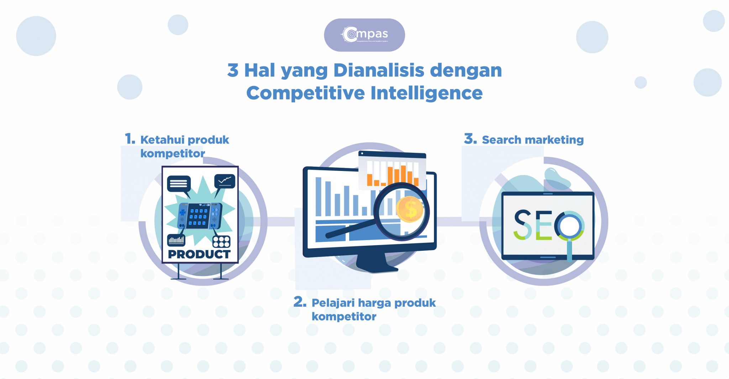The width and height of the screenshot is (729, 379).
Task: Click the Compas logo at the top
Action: pyautogui.click(x=364, y=35)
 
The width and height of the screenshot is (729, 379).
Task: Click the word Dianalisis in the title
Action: pyautogui.click(x=379, y=70)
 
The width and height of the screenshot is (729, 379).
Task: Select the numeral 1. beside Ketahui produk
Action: pyautogui.click(x=130, y=139)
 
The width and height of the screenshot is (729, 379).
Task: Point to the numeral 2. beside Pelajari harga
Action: pyautogui.click(x=300, y=302)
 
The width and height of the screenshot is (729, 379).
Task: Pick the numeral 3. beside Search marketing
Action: pyautogui.click(x=470, y=139)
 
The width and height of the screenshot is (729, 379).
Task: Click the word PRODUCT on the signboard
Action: pyautogui.click(x=199, y=254)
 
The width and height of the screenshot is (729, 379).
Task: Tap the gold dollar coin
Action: pyautogui.click(x=410, y=209)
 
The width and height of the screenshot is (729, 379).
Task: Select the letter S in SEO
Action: pyautogui.click(x=523, y=224)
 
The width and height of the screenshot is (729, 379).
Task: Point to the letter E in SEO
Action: pyautogui.click(x=543, y=225)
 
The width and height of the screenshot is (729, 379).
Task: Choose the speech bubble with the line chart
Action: pyautogui.click(x=225, y=181)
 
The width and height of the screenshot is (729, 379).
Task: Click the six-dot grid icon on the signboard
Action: pyautogui.click(x=221, y=242)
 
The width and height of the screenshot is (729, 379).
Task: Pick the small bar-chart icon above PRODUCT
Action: pyautogui.click(x=176, y=240)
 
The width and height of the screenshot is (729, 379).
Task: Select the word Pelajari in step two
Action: pyautogui.click(x=333, y=303)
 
